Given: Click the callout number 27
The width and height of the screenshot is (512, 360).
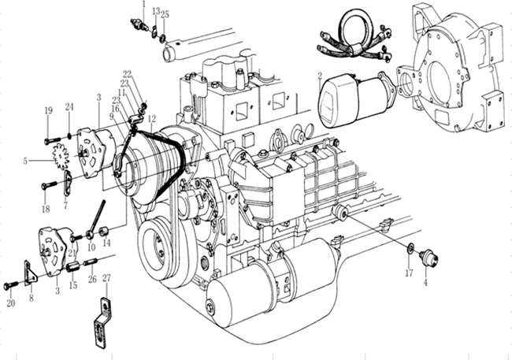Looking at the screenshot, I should click(107, 277).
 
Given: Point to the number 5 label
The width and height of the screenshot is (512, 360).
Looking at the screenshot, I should click(26, 161).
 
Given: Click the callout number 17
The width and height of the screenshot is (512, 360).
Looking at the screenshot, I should click(409, 273).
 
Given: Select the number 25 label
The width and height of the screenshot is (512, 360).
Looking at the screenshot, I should click(165, 14).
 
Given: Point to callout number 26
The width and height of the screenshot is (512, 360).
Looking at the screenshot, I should click(92, 279).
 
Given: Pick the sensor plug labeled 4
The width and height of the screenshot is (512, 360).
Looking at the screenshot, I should click(429, 258).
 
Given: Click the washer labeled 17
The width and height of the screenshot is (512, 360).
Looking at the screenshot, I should click(410, 251).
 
